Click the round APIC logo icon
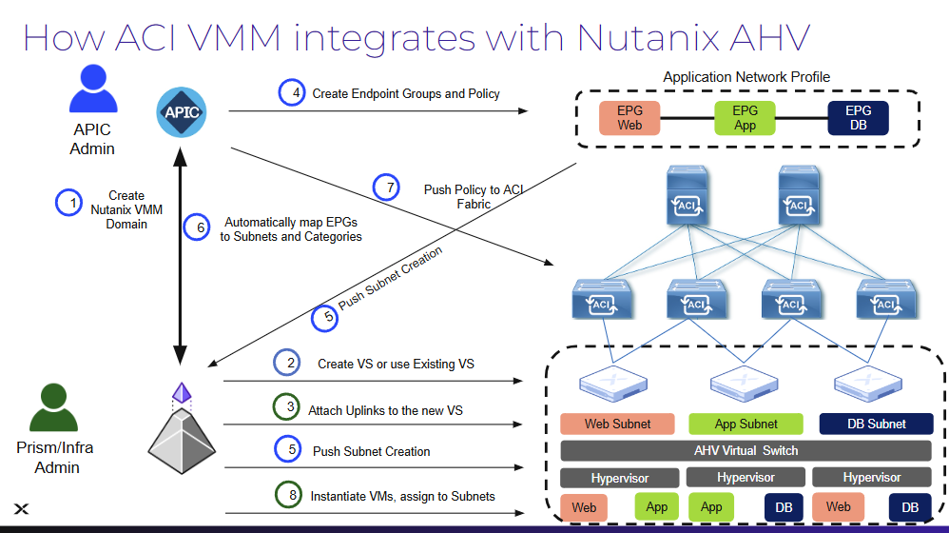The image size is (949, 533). tap(181, 111)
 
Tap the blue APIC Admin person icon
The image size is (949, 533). tap(92, 90)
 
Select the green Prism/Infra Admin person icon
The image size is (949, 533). tap(53, 407)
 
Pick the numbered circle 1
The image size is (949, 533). tap(69, 202)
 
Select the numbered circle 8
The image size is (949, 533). tap(288, 495)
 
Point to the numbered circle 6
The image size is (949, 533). tap(199, 227)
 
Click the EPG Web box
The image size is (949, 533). tap(629, 118)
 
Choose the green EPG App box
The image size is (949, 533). tap(745, 118)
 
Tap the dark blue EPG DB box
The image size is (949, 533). tap(858, 118)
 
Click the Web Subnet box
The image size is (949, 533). tap(618, 424)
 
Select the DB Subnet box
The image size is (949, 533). tap(875, 424)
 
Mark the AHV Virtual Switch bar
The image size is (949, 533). tap(746, 450)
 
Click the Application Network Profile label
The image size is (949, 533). tap(746, 77)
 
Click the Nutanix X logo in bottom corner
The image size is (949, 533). tap(21, 509)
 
